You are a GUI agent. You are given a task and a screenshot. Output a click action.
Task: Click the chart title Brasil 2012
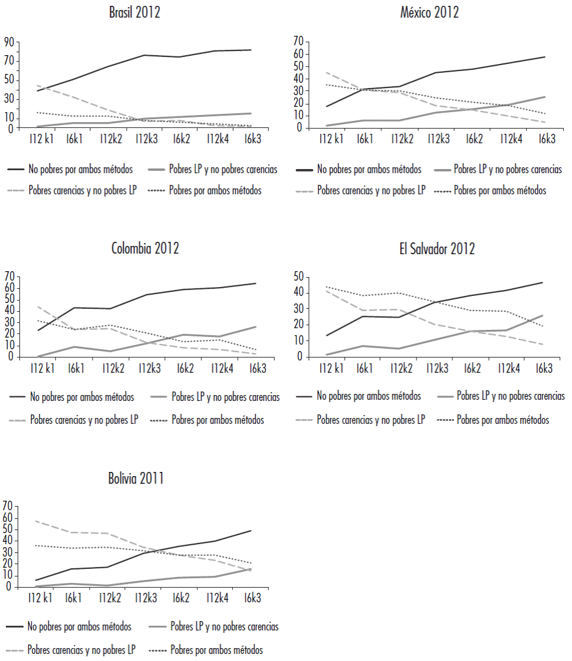134,13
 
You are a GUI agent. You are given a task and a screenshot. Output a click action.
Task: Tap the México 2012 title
430,12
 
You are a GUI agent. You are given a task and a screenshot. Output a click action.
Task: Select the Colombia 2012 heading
145,248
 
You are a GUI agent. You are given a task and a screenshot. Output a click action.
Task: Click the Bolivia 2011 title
136,478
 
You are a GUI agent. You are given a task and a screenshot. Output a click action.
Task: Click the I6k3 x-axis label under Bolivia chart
252,598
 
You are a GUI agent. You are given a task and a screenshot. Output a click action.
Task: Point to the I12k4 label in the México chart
512,139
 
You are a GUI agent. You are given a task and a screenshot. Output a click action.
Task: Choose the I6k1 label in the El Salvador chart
365,368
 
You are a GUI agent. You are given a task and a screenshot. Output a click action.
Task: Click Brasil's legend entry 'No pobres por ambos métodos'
80,170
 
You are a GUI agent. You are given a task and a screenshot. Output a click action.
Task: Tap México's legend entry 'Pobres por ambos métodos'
500,190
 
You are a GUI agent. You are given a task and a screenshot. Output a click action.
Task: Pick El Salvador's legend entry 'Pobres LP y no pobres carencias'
510,396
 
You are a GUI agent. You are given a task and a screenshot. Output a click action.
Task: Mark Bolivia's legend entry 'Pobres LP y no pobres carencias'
224,627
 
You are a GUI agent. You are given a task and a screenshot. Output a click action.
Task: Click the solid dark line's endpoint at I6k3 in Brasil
251,50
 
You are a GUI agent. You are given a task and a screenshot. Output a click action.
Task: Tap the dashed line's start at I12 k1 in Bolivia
36,521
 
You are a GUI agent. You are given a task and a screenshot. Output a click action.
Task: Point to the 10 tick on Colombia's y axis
8,346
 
